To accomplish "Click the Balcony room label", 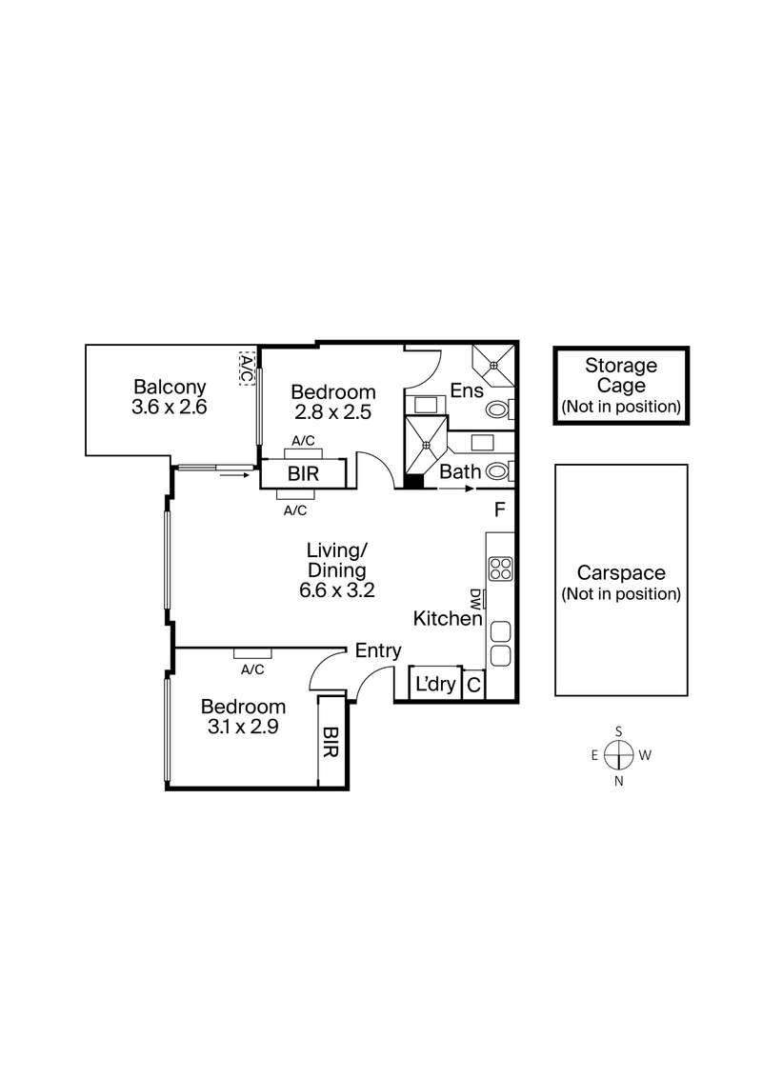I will [170, 388].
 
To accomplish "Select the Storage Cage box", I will [621, 385].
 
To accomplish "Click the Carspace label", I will [621, 574].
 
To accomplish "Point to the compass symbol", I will [619, 756].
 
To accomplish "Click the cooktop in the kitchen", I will [500, 569].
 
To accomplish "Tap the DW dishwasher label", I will [474, 598].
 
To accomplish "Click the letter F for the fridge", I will [499, 509].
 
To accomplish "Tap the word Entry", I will [378, 650].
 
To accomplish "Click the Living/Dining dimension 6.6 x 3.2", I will [336, 589].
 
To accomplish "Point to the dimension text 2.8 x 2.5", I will [332, 412].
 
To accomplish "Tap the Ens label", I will [467, 390].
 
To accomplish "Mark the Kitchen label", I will [447, 619].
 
